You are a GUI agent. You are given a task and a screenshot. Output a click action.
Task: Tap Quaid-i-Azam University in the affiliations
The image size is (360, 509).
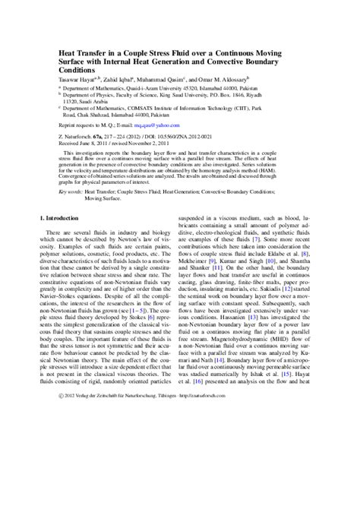click(152, 87)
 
